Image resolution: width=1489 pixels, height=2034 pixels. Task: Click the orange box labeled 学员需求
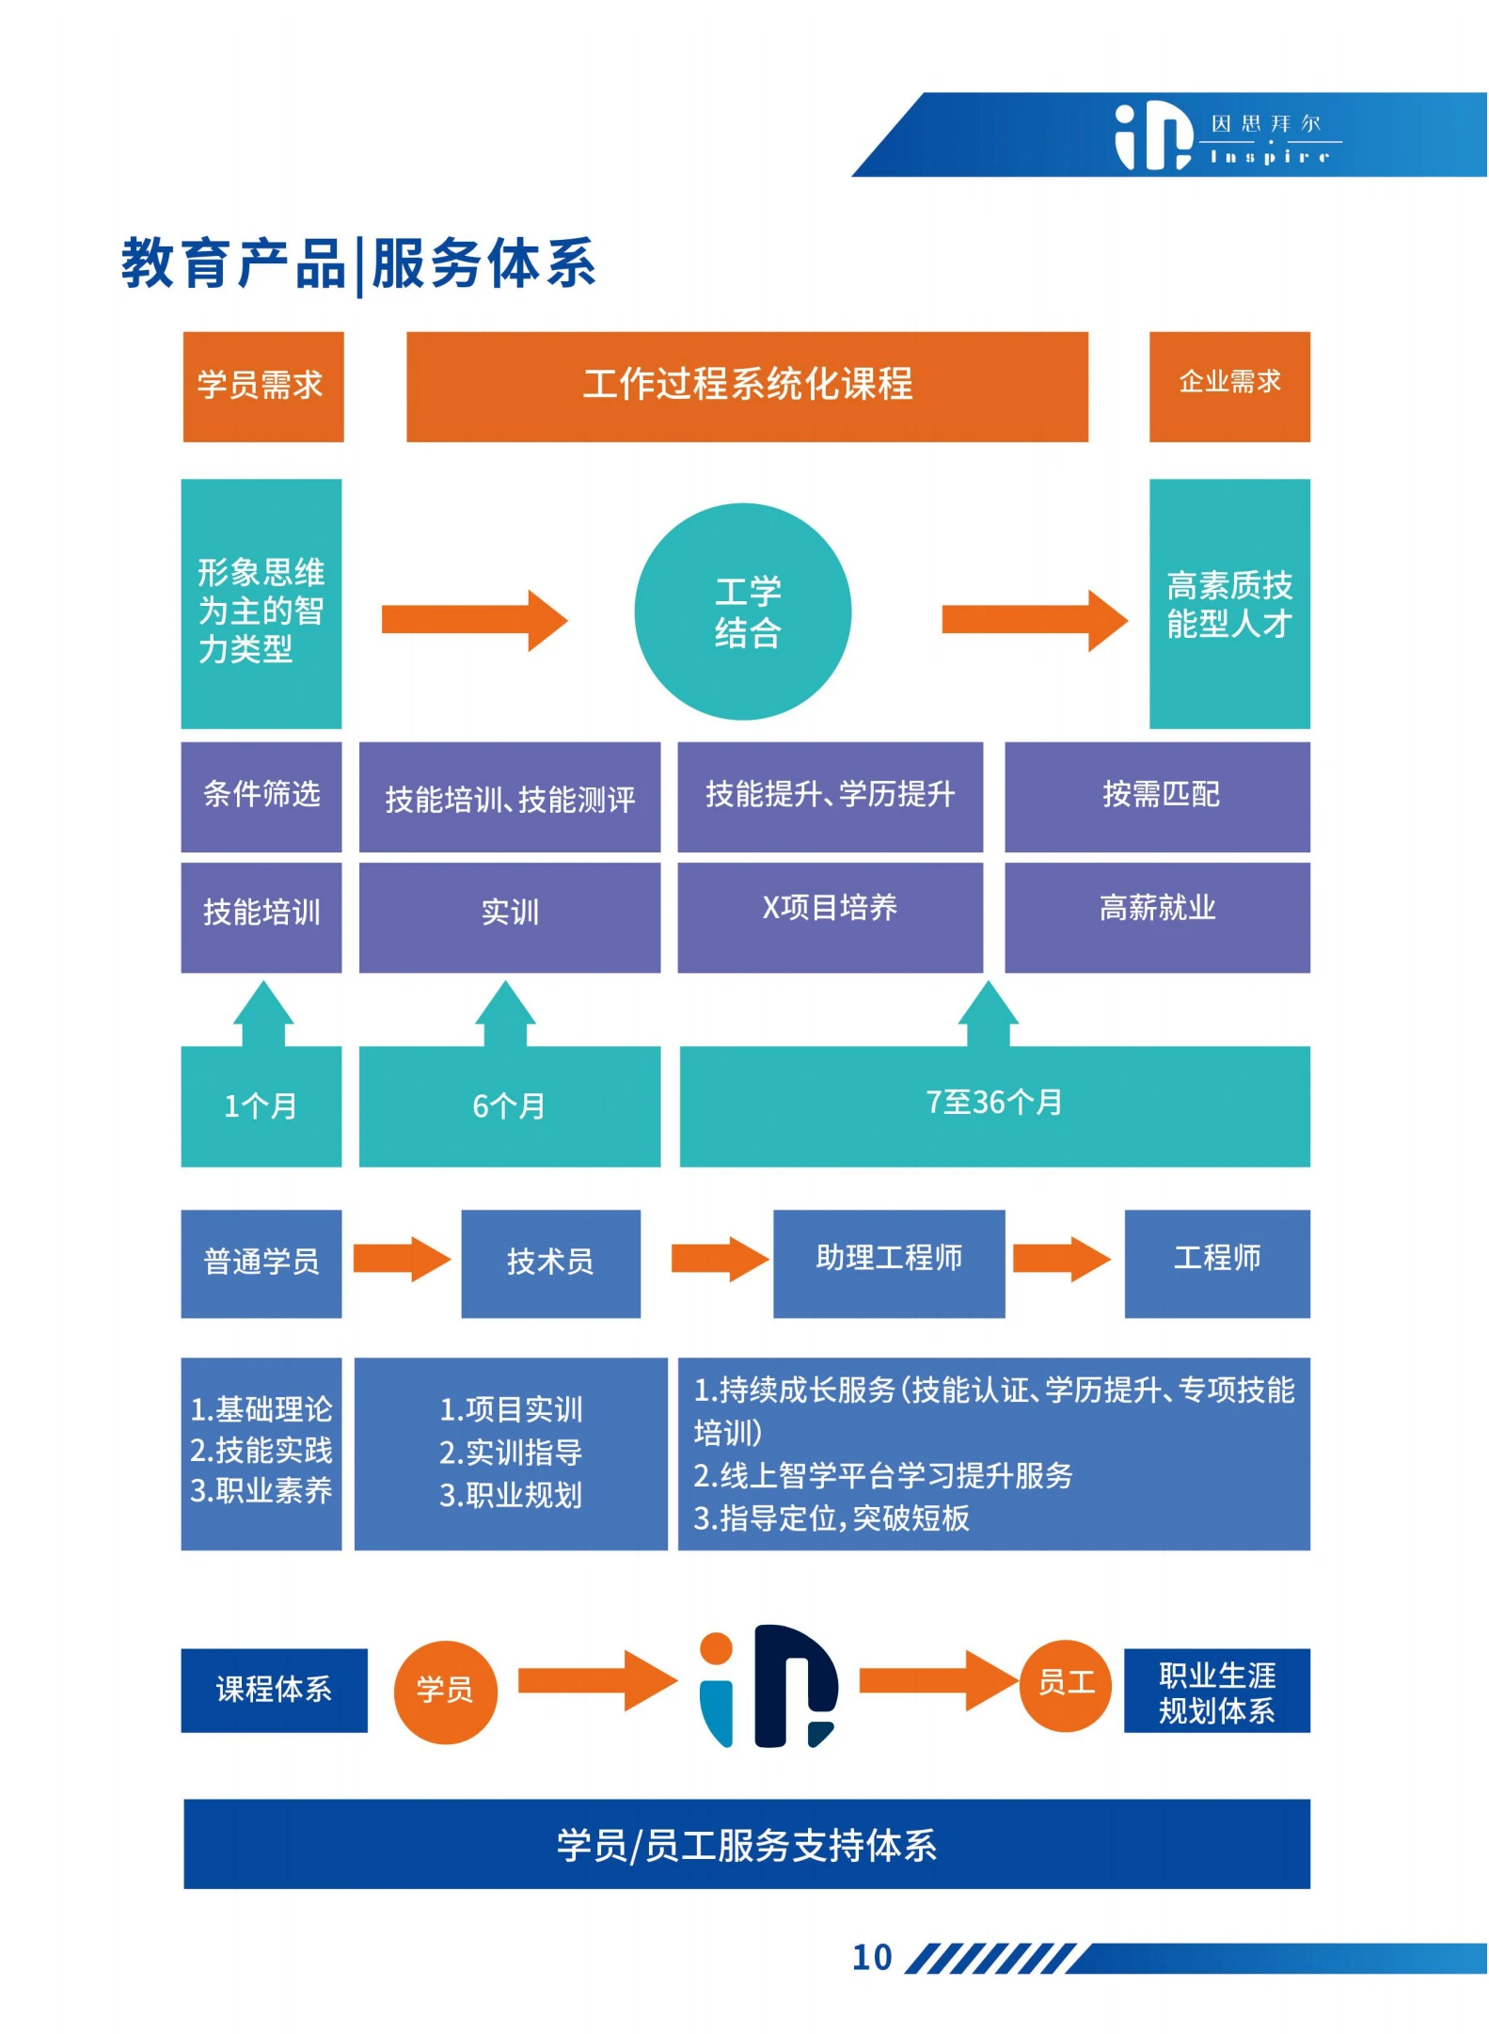point(262,386)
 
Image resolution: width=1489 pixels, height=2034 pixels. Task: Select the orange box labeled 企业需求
point(1228,386)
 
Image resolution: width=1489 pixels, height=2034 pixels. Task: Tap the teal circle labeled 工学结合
point(742,612)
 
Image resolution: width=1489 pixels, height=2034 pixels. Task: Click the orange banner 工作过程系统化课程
point(747,386)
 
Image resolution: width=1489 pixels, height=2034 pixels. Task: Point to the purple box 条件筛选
point(261,796)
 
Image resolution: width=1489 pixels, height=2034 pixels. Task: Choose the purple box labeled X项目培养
point(830,916)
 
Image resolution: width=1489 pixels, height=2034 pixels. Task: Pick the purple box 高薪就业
point(1157,916)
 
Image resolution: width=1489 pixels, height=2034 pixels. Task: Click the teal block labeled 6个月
point(509,1105)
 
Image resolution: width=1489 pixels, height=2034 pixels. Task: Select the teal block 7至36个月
point(994,1105)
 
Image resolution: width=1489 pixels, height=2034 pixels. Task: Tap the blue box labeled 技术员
point(550,1263)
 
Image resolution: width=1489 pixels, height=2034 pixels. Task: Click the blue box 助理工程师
point(888,1263)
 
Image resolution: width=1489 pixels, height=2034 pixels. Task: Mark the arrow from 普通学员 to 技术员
point(402,1259)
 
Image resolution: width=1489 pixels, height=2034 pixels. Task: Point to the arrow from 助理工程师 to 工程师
point(1061,1259)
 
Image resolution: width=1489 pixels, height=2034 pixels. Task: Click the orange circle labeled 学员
point(445,1692)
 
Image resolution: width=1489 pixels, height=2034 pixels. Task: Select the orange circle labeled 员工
point(1065,1684)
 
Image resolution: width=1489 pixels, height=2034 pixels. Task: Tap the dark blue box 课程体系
point(274,1690)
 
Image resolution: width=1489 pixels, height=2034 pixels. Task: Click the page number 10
point(871,1958)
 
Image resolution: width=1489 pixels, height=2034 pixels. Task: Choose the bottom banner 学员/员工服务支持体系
point(747,1844)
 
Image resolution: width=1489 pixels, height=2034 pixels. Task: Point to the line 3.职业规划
point(511,1495)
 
